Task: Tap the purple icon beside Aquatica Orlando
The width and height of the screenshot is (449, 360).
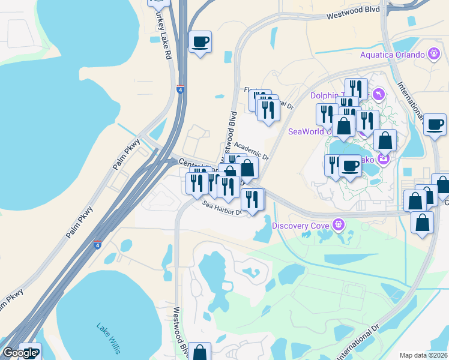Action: click(x=435, y=55)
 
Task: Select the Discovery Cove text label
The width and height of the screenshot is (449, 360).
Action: click(x=302, y=226)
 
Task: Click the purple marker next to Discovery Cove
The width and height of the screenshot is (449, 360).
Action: click(x=340, y=225)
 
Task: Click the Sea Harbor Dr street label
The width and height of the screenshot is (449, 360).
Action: click(x=221, y=208)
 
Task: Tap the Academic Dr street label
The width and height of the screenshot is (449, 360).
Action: click(x=252, y=148)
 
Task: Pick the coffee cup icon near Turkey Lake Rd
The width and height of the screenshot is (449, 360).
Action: click(x=200, y=41)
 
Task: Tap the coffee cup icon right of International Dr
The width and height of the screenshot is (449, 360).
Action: click(x=435, y=124)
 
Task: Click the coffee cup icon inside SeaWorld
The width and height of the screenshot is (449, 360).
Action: click(x=350, y=165)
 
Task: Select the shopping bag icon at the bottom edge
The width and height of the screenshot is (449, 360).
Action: click(x=200, y=352)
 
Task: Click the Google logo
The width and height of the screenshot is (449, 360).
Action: click(x=19, y=353)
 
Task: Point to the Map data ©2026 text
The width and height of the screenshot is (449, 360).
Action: click(x=423, y=355)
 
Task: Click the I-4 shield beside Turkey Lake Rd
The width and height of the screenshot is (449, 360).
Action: click(x=181, y=90)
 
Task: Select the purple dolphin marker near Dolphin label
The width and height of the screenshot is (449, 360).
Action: click(x=378, y=94)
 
